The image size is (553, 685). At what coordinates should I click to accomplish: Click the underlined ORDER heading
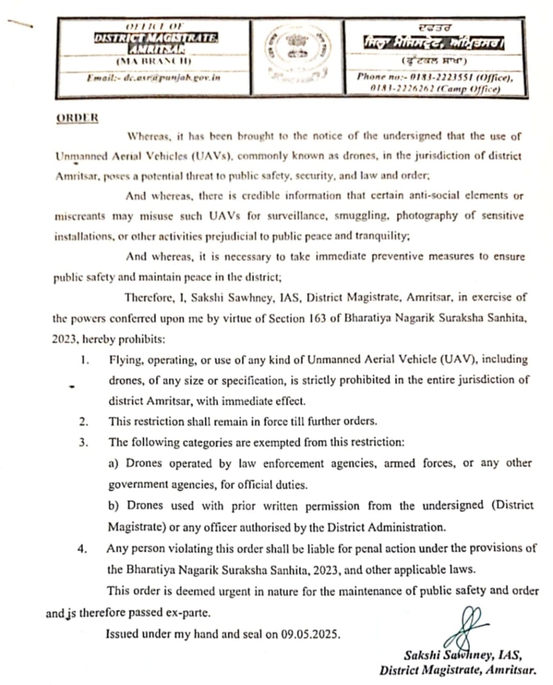tap(77, 118)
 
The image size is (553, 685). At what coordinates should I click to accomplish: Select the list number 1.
tap(84, 360)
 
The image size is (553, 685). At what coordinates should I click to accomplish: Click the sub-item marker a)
tap(113, 463)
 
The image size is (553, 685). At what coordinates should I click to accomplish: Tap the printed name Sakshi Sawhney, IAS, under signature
tap(463, 655)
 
